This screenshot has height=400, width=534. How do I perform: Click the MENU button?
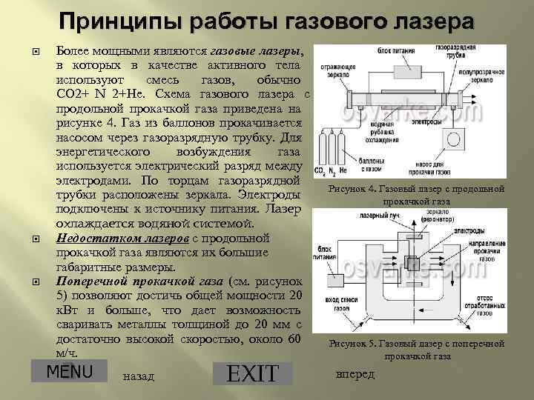69,370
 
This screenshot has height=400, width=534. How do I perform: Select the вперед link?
355,373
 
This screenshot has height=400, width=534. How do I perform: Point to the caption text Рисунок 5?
352,344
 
